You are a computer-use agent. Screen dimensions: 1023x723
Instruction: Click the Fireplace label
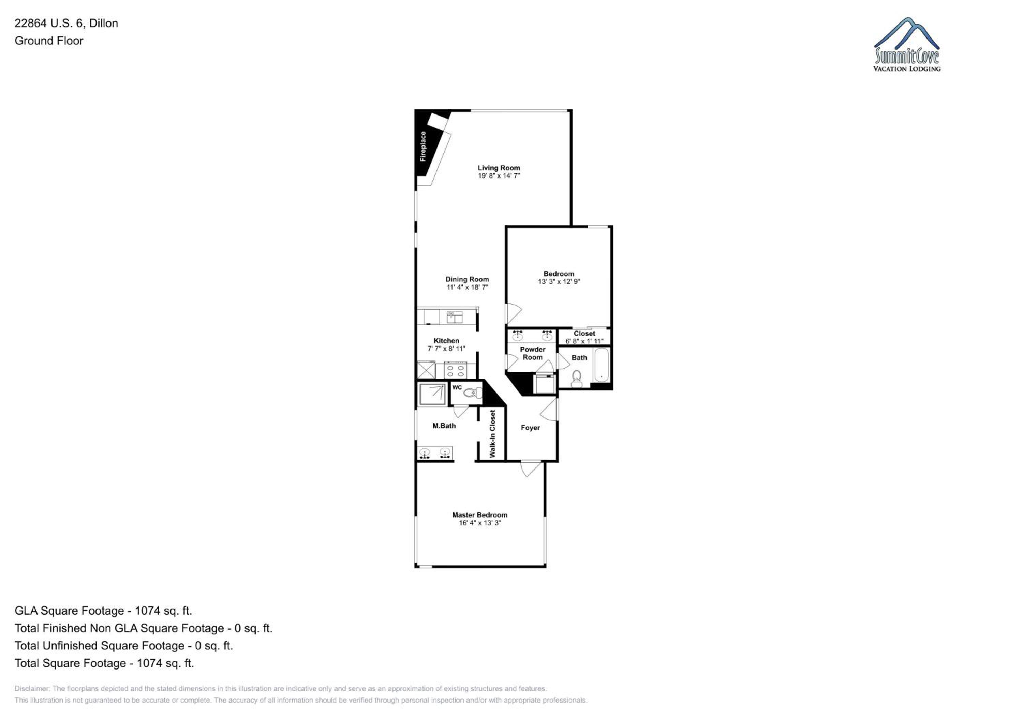[x=423, y=147]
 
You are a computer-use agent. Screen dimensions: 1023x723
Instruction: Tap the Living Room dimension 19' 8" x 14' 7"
[x=499, y=176]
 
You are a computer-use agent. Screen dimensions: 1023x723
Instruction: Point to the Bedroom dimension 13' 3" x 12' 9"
[x=559, y=282]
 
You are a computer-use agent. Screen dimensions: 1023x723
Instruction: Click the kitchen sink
[x=455, y=318]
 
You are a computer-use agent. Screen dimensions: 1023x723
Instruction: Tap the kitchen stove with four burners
[x=455, y=371]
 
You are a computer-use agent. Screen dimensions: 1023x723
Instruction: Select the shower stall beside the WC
[x=432, y=395]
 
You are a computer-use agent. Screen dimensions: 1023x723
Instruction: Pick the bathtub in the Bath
[x=602, y=365]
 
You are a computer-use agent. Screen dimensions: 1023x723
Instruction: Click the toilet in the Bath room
[x=577, y=379]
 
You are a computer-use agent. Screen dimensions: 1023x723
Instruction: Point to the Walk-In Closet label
[x=492, y=434]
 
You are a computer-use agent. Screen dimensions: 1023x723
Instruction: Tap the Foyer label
[x=530, y=428]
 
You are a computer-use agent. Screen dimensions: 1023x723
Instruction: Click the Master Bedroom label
[x=479, y=515]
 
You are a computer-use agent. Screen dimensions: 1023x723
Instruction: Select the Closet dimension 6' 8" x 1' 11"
[x=584, y=341]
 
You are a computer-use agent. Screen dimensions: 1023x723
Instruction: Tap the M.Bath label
[x=444, y=426]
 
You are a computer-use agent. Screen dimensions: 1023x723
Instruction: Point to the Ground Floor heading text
[x=49, y=41]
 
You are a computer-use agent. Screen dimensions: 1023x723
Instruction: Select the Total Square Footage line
[x=104, y=663]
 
